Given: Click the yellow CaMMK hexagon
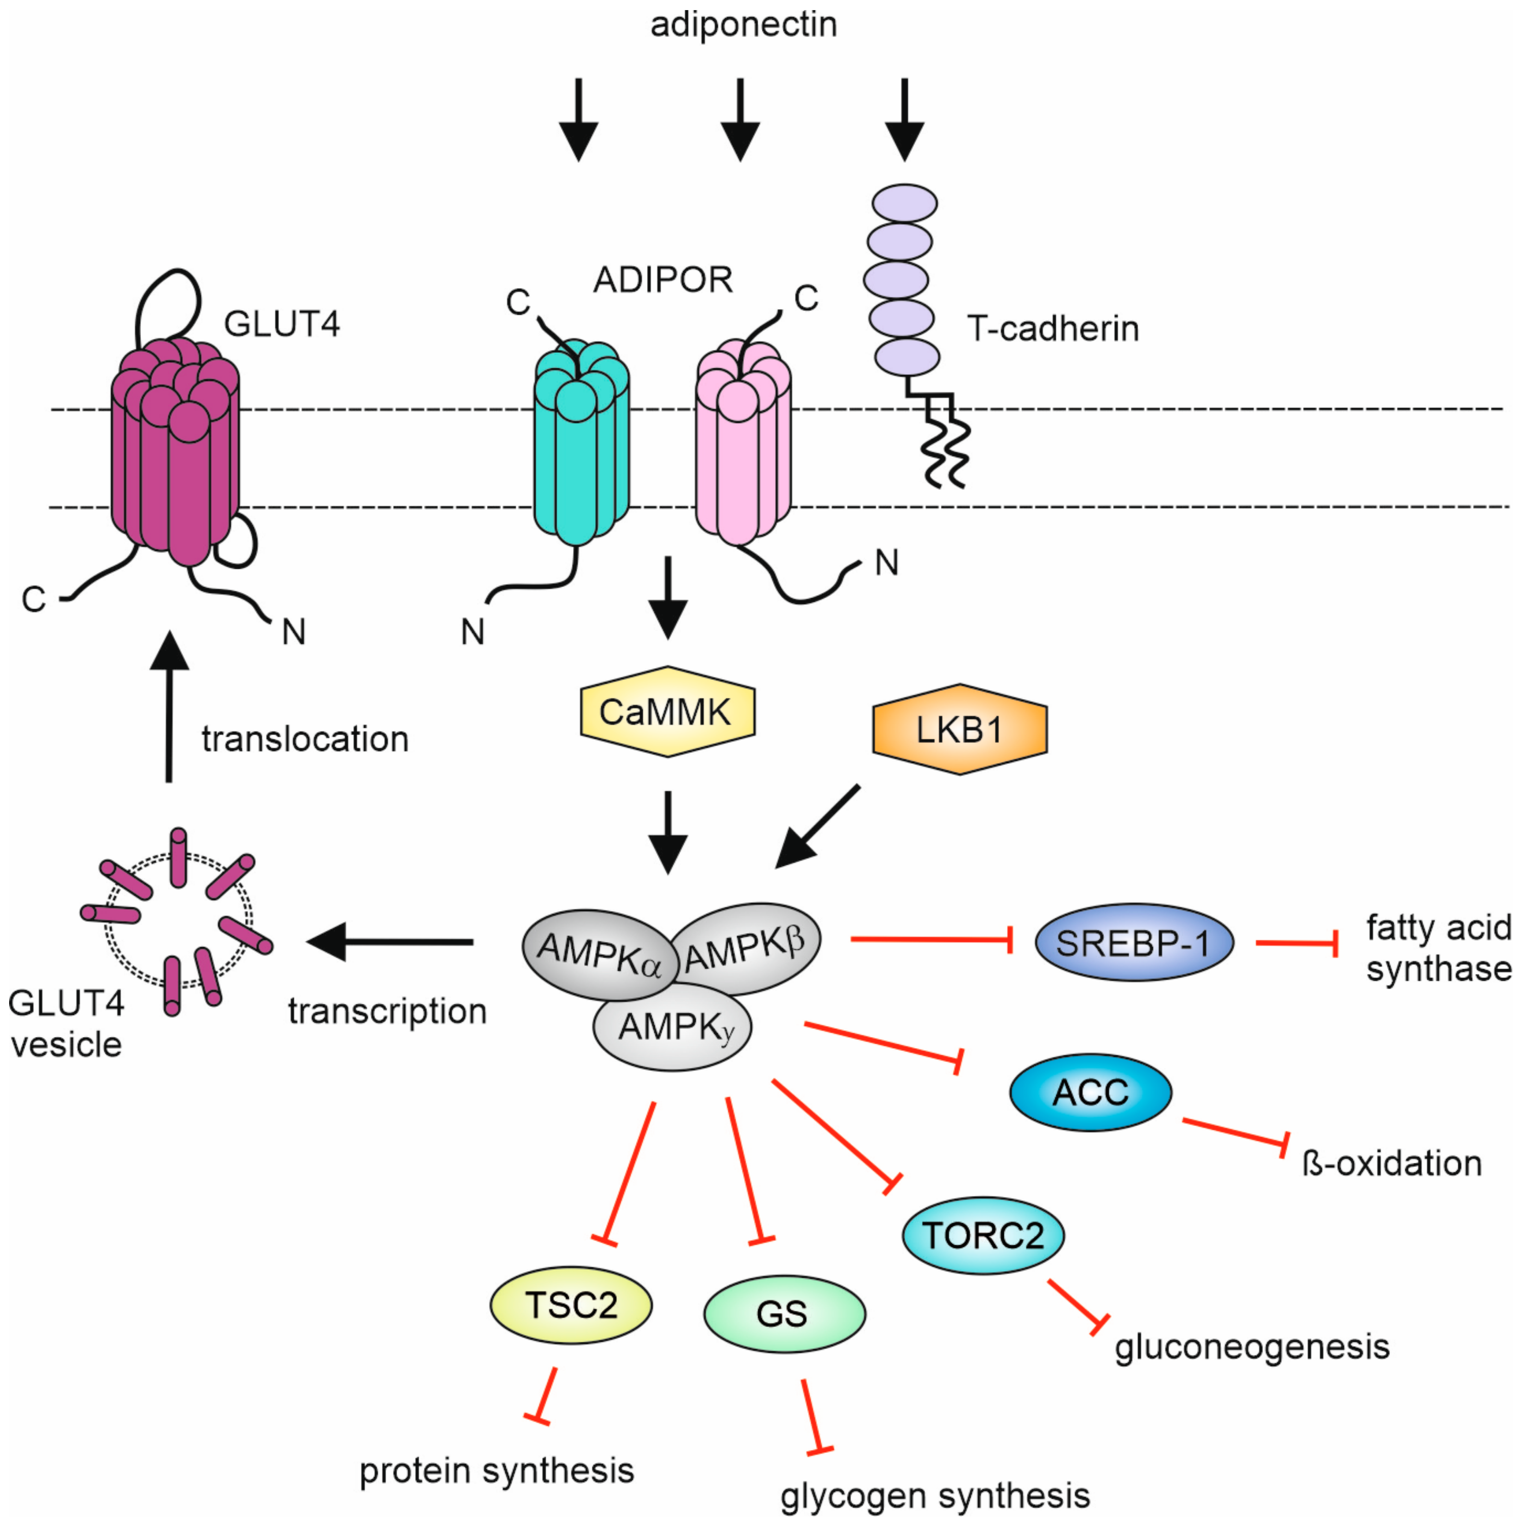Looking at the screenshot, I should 667,712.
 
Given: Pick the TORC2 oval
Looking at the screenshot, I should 983,1235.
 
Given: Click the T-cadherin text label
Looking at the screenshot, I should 1053,328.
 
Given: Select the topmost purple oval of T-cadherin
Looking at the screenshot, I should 905,203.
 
